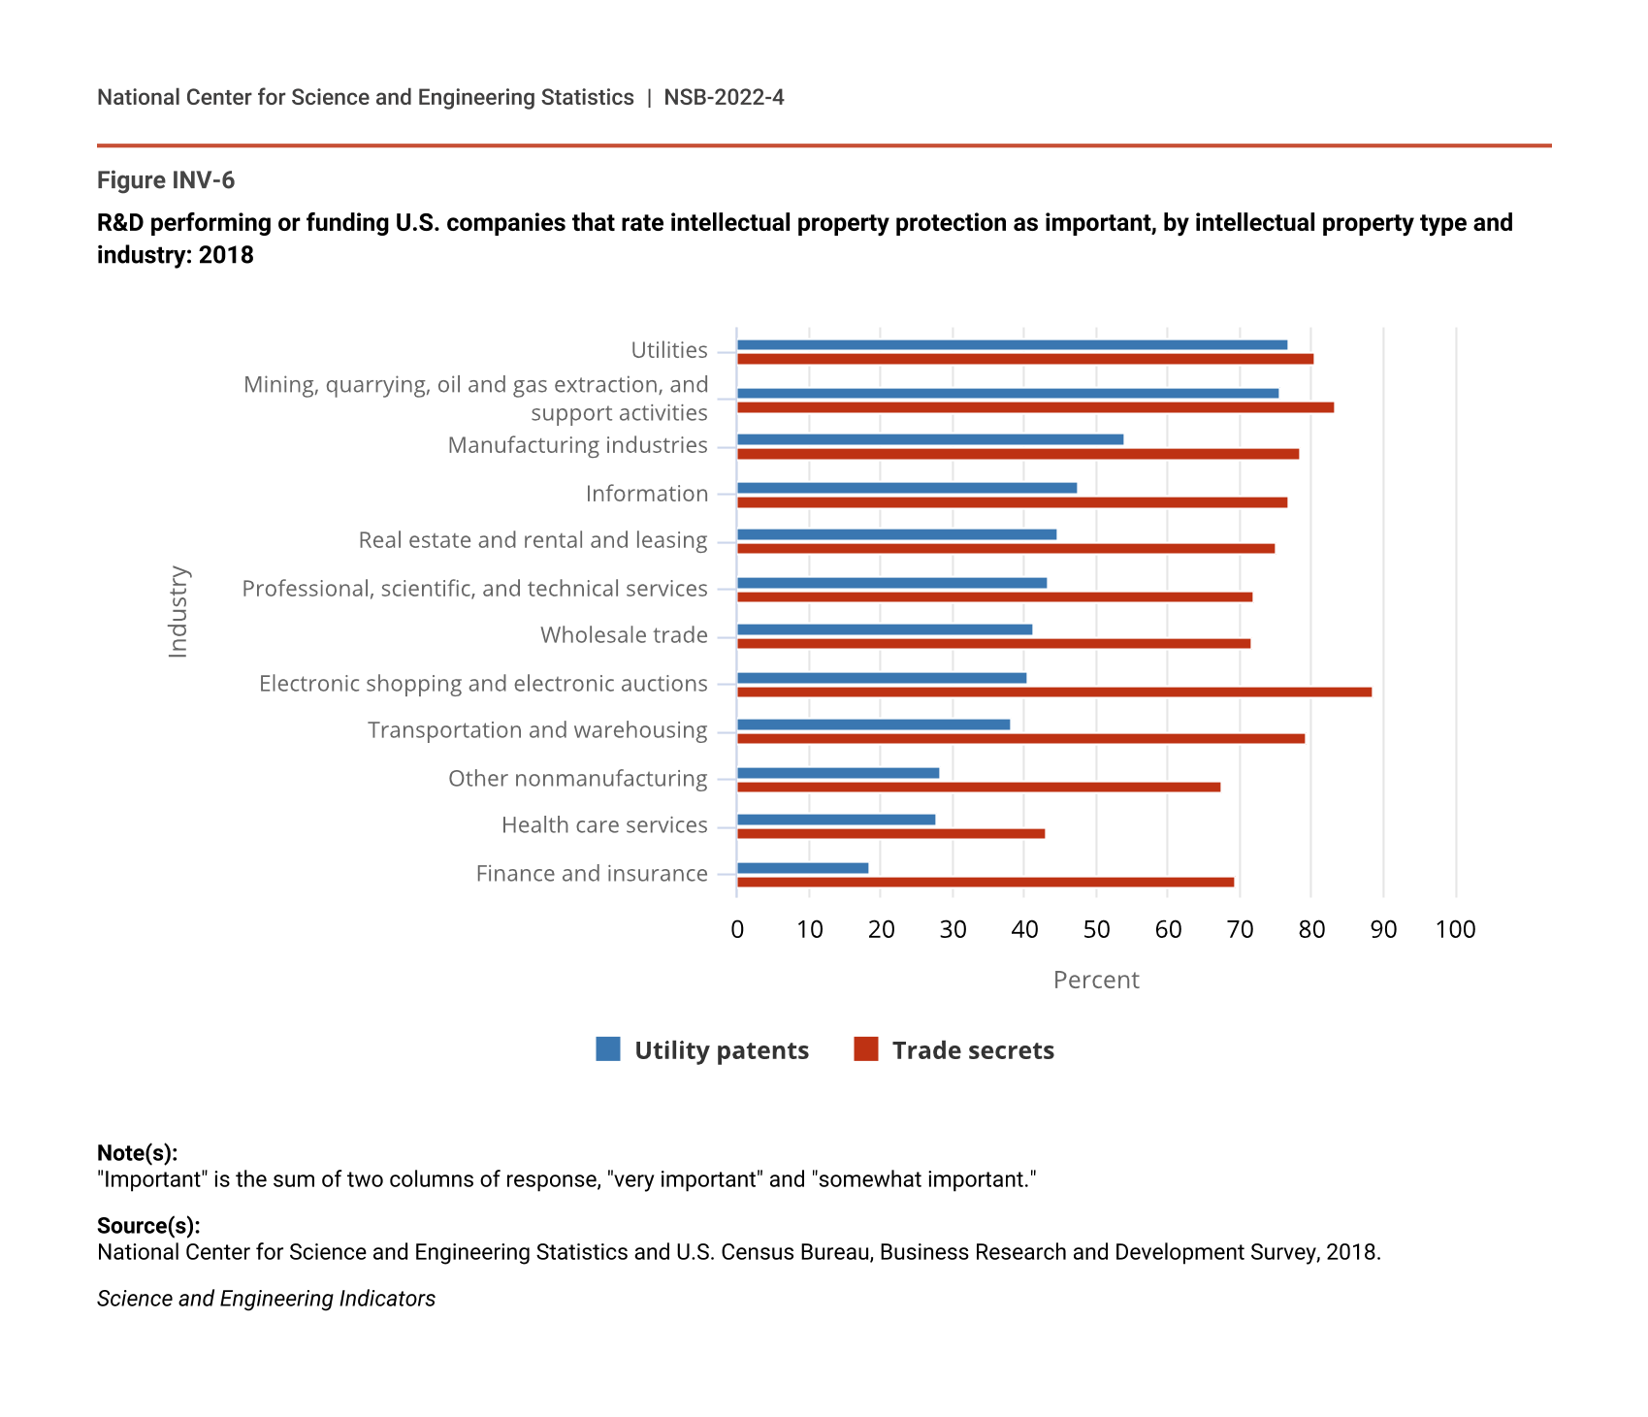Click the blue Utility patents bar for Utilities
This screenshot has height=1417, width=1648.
[x=1012, y=344]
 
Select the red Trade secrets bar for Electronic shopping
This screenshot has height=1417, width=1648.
[x=1054, y=692]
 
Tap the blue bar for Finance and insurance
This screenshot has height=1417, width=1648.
[x=802, y=868]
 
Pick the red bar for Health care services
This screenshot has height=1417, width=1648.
[x=890, y=833]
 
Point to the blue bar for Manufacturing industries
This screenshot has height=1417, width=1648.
[x=930, y=439]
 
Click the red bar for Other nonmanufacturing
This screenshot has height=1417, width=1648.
[x=979, y=787]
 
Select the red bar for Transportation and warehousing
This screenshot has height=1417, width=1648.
[x=1020, y=738]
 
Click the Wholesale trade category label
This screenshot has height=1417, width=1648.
[x=624, y=635]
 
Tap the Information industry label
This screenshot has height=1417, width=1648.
[x=647, y=494]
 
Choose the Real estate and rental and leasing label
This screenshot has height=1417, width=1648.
[x=533, y=540]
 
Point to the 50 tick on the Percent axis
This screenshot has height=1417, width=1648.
[x=1096, y=930]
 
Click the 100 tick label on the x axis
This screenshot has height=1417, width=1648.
[x=1455, y=930]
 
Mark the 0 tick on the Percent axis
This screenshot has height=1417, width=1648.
[x=737, y=930]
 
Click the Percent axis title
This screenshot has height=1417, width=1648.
[x=1096, y=981]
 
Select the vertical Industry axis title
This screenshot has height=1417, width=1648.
[x=178, y=612]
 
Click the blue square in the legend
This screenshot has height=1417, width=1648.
[x=608, y=1049]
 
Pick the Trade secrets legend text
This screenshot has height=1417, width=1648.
[x=973, y=1050]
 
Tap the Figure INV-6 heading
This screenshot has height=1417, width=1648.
[x=166, y=180]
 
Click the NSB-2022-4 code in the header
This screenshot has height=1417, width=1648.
[x=724, y=97]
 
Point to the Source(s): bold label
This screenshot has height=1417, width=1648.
[x=148, y=1226]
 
